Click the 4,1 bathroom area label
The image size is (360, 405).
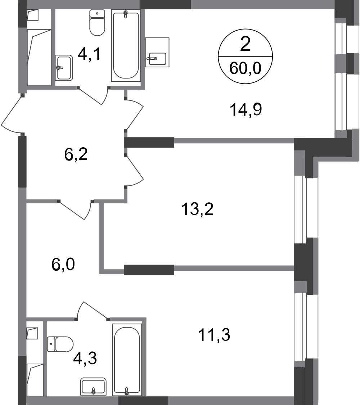click(x=89, y=54)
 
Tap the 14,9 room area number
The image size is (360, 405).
click(x=246, y=110)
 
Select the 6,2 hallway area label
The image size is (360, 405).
click(x=76, y=154)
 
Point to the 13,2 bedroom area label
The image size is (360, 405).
click(x=197, y=209)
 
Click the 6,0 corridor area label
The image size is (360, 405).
click(x=63, y=265)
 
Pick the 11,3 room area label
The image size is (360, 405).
click(x=214, y=335)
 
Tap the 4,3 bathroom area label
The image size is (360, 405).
click(x=85, y=359)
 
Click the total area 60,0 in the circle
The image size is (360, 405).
click(x=245, y=69)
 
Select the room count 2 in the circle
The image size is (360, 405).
click(x=245, y=44)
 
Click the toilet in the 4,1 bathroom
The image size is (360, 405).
click(x=97, y=22)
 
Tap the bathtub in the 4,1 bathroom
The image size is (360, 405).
click(x=126, y=46)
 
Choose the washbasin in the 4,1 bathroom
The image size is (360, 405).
click(x=64, y=68)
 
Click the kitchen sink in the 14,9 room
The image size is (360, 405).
click(x=157, y=53)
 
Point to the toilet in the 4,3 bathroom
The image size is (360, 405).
click(x=60, y=344)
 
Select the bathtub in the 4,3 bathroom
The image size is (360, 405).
click(x=127, y=360)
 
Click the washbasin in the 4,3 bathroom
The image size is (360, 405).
click(x=94, y=386)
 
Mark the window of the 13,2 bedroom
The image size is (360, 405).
click(x=306, y=210)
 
